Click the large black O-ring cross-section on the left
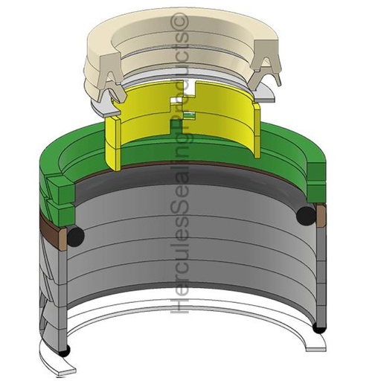click(75, 237)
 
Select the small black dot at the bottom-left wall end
click(64, 350)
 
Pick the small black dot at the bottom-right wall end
click(319, 329)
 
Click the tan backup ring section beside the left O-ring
click(62, 239)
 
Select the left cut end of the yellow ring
click(113, 144)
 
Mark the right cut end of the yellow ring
click(257, 130)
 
